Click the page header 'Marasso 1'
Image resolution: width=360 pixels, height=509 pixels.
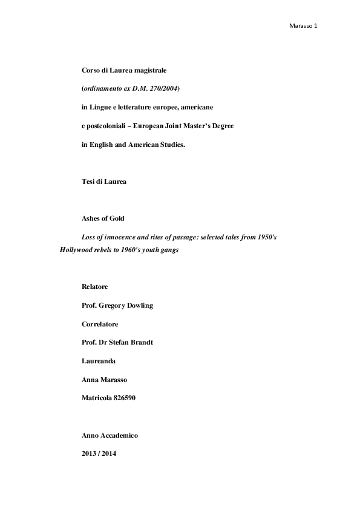[304, 27]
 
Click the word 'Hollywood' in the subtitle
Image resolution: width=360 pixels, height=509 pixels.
[77, 249]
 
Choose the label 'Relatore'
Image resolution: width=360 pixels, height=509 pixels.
[96, 287]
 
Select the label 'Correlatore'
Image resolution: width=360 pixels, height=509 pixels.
[100, 324]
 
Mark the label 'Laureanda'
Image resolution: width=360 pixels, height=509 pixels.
[99, 361]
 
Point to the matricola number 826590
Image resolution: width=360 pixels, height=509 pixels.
[131, 398]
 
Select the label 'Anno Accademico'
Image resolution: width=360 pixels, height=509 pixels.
[111, 435]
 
